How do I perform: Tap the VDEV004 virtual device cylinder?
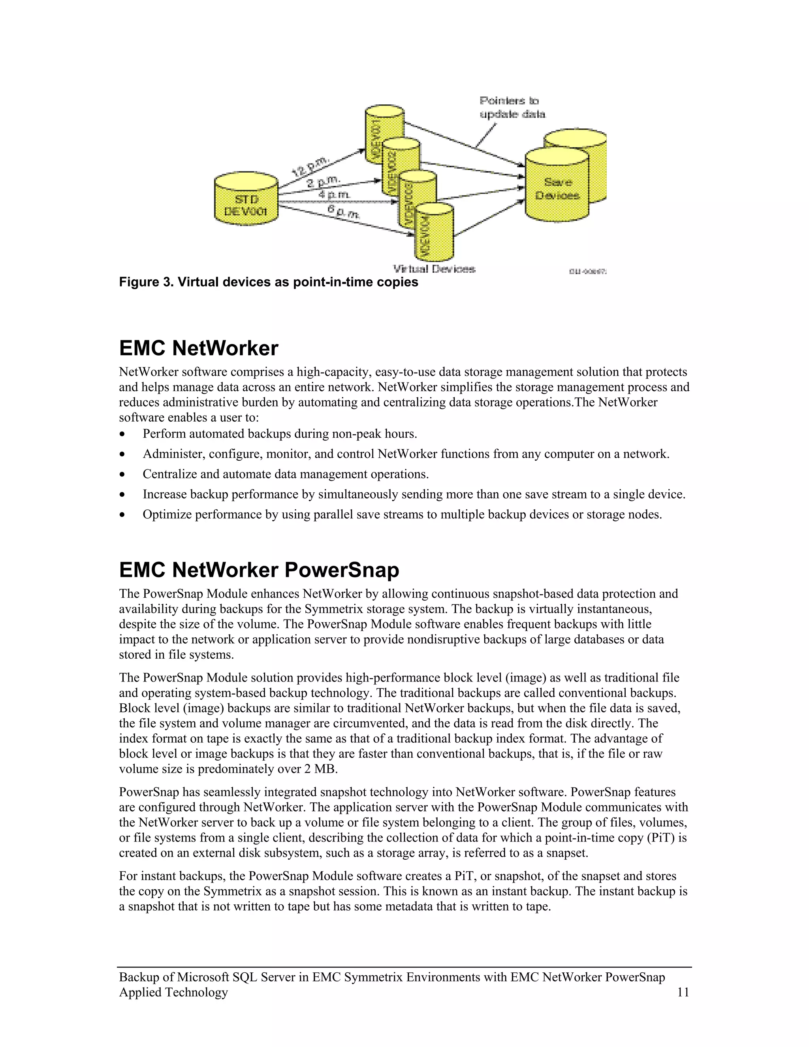point(434,232)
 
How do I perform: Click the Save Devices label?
point(557,189)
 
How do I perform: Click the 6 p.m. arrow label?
point(343,211)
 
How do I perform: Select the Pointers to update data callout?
point(512,107)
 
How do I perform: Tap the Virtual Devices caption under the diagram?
point(434,269)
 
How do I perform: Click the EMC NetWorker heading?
point(198,348)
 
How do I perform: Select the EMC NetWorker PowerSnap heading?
point(259,570)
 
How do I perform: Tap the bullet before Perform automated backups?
point(123,434)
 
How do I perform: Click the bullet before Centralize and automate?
point(123,475)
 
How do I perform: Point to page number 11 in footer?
point(683,992)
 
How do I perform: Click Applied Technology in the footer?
point(173,992)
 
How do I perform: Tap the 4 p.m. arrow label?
point(334,195)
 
